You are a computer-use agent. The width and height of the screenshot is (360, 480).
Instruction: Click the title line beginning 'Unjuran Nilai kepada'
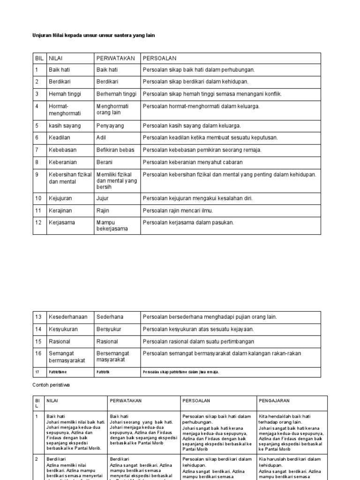click(x=93, y=35)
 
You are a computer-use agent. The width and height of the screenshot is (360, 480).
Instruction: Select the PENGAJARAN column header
click(x=274, y=401)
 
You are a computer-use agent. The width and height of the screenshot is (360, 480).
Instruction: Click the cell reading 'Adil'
click(x=101, y=138)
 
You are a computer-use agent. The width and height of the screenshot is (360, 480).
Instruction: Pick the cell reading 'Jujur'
click(x=102, y=198)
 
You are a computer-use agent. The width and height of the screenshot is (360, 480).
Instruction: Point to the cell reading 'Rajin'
click(x=103, y=210)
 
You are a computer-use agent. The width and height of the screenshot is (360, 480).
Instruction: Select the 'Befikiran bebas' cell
click(x=115, y=150)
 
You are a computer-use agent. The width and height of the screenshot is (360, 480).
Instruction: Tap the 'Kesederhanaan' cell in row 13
click(x=68, y=317)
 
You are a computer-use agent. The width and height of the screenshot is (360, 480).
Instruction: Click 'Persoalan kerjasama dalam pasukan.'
click(x=188, y=223)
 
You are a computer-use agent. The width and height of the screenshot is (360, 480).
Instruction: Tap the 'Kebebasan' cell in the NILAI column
click(x=62, y=150)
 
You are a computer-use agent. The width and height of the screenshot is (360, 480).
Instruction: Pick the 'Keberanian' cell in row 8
click(x=63, y=162)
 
